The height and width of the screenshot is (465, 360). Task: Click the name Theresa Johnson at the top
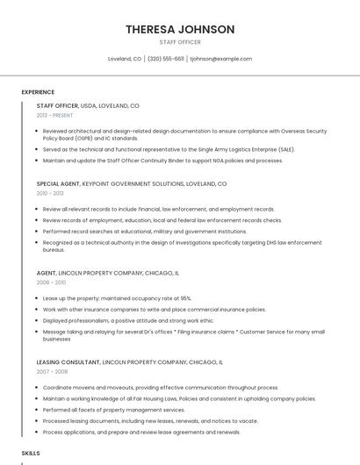(180, 29)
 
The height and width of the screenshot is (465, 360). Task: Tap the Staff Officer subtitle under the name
(180, 42)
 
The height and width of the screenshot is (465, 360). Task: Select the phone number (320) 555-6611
(166, 59)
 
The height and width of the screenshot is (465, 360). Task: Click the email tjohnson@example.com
(221, 59)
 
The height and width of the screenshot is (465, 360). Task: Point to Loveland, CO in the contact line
(125, 59)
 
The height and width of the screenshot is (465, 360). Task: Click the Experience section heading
(38, 92)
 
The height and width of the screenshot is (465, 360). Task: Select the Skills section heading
(31, 453)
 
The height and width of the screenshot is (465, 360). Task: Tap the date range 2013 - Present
(54, 115)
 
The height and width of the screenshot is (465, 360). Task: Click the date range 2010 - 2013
(50, 193)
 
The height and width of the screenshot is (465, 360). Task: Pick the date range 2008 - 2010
(51, 283)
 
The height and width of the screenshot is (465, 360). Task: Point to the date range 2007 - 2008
(51, 371)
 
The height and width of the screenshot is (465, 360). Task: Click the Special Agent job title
(58, 184)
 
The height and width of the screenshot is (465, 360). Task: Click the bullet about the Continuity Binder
(162, 161)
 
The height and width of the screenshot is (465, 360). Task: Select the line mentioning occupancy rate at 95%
(117, 298)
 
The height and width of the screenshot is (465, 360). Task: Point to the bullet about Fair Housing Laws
(179, 398)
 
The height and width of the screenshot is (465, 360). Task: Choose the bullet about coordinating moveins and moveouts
(161, 387)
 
